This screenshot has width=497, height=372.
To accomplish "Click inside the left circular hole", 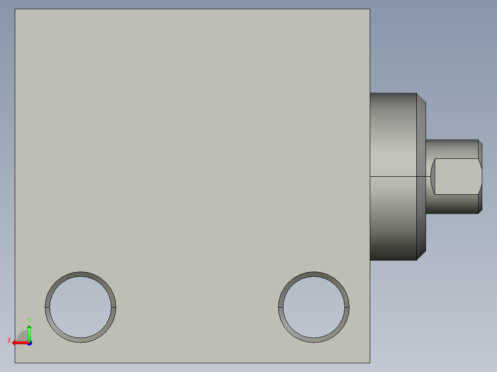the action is click(81, 307).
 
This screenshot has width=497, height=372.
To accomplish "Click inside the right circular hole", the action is click(314, 307).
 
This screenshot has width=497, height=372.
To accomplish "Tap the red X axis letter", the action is click(9, 340).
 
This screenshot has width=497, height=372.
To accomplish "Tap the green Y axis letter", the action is click(29, 320).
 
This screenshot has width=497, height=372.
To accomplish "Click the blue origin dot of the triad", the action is click(30, 343).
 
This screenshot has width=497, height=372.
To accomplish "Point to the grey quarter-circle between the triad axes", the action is click(23, 336).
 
